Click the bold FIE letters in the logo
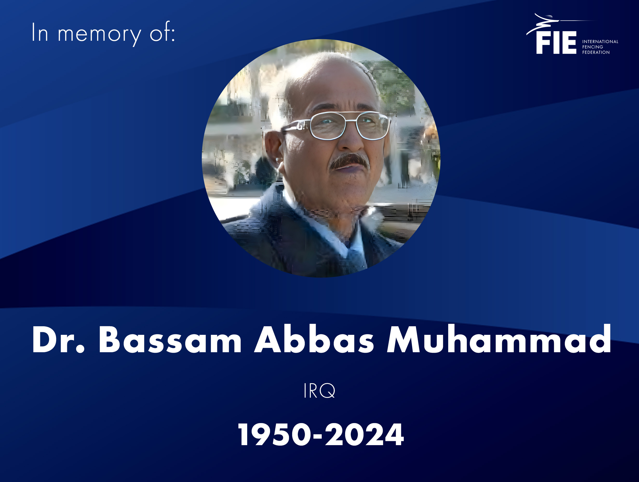[x=556, y=43]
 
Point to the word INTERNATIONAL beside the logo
[x=600, y=42]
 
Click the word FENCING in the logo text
[x=593, y=47]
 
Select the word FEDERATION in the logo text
[x=596, y=52]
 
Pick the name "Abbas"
[x=314, y=339]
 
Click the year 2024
[x=365, y=435]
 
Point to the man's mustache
[x=349, y=161]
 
